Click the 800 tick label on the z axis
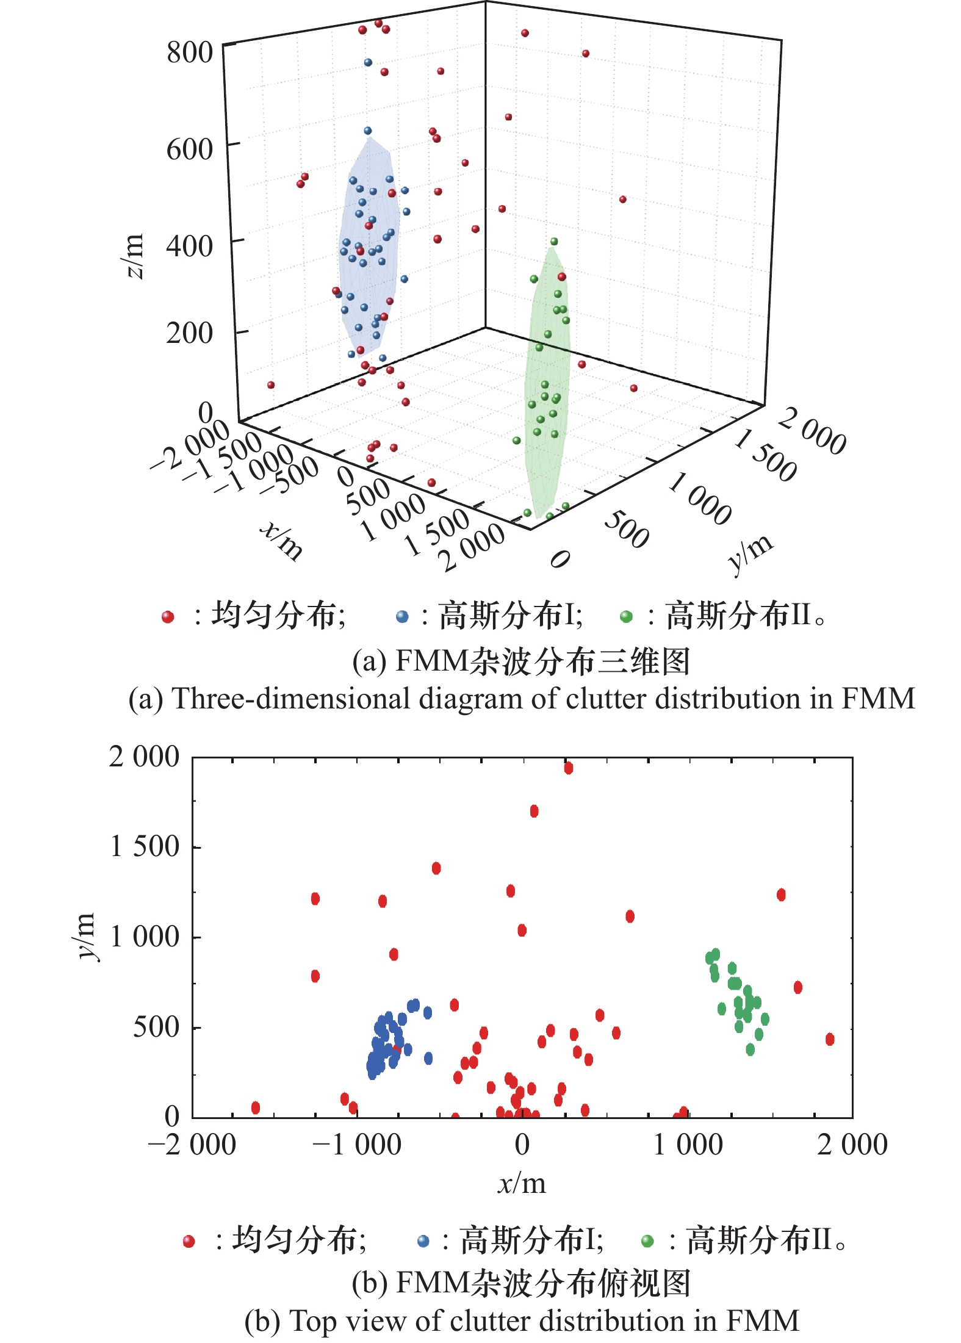190,52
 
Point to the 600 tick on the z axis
190,149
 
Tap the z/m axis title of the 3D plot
134,256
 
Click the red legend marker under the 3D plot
168,617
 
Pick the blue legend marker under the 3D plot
402,617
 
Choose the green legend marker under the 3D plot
626,617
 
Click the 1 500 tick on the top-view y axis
145,846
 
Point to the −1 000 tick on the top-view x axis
357,1145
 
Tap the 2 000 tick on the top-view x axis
852,1145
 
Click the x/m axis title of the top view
522,1184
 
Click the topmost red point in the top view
569,768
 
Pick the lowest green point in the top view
750,1050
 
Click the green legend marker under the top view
647,1241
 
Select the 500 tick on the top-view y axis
156,1027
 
